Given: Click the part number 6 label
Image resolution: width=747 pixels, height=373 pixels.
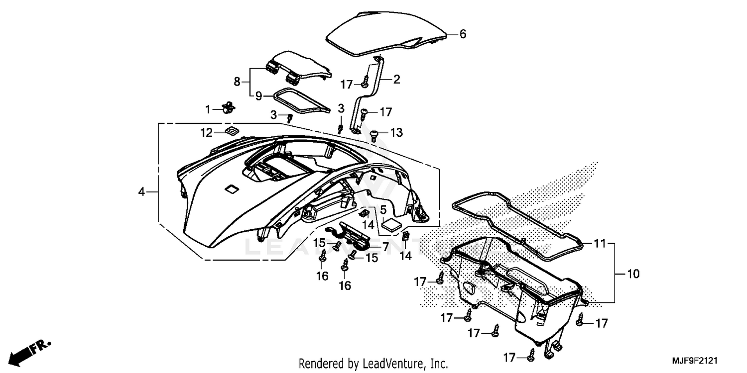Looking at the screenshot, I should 462,34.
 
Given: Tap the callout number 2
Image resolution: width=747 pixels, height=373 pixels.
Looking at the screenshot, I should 396,79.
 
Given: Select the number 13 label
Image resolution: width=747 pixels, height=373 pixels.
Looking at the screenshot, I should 396,133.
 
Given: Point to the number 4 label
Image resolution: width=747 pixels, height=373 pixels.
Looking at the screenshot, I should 142,191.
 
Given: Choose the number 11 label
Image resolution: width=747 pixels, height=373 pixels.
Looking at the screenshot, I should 600,244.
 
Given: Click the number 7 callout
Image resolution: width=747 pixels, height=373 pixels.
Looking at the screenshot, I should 385,246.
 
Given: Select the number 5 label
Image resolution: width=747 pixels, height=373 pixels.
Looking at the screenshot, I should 383,210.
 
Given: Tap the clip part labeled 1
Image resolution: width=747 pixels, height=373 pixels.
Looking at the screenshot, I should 229,106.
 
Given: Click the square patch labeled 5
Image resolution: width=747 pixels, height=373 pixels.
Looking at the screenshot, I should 392,223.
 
